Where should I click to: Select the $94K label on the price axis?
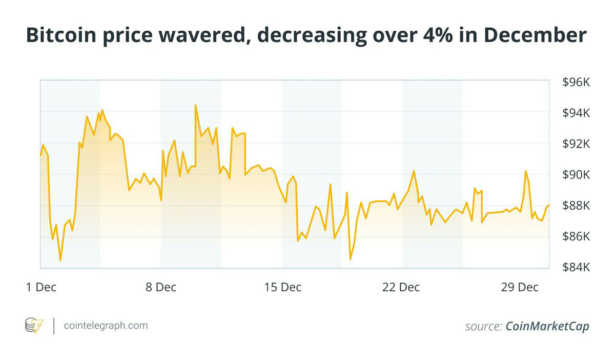point(577,113)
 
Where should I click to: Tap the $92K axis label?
point(577,144)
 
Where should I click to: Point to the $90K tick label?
point(577,175)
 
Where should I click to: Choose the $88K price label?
point(577,206)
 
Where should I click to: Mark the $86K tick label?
point(577,237)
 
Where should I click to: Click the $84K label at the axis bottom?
point(577,268)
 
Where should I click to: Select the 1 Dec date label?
point(41,287)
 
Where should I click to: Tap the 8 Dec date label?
point(160,287)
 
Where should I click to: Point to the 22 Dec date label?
point(401,287)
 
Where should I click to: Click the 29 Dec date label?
point(520,287)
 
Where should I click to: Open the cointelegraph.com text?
point(106,325)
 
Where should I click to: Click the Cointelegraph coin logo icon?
point(34,325)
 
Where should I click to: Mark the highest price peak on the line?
point(195,105)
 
